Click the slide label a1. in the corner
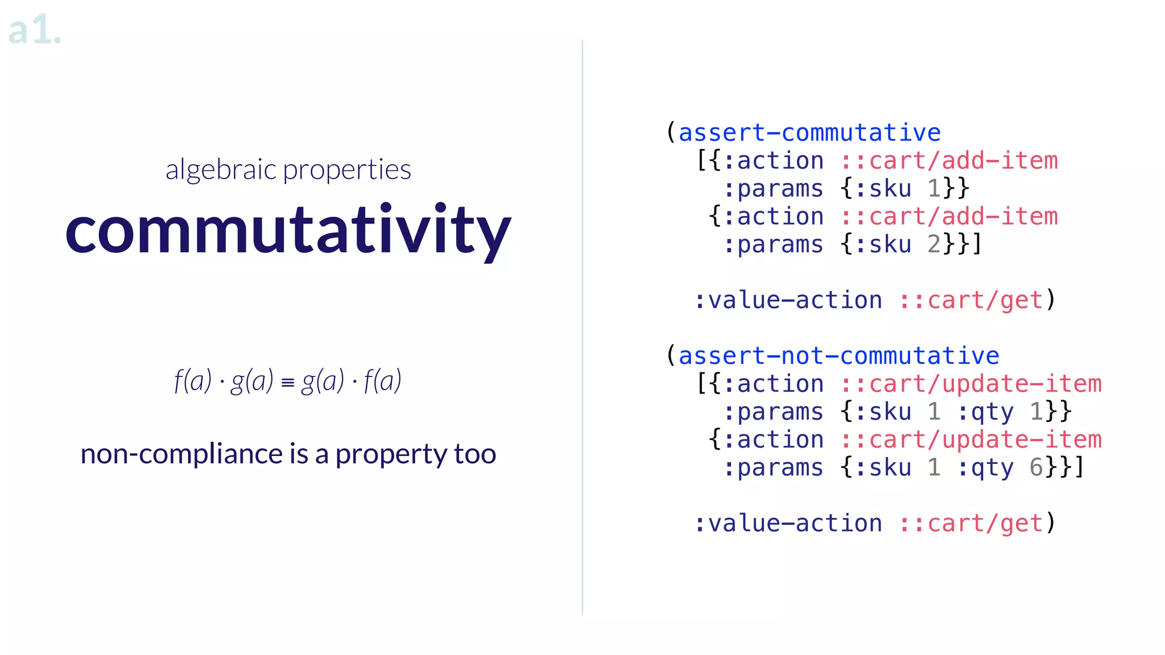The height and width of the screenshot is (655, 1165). coord(34,31)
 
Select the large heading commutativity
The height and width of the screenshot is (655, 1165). coord(288,230)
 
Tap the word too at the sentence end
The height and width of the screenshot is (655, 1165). coord(475,454)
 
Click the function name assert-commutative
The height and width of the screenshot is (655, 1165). coord(809,133)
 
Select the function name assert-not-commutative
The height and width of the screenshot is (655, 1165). coord(838,356)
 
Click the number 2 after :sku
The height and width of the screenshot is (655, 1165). coord(934,244)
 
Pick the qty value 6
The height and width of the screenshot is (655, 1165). coord(1036,467)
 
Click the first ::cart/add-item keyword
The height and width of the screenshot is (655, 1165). coord(949,161)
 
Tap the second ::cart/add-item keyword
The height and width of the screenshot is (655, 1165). coord(949,217)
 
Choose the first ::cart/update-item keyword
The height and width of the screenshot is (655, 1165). coord(970,384)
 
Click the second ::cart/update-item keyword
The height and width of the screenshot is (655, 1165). coord(970,440)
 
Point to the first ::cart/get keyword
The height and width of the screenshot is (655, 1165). coord(970,300)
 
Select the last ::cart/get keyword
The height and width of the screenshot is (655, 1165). coord(970,523)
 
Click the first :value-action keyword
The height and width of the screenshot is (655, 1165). coord(788,300)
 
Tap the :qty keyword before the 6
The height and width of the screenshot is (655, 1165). coord(985,467)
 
